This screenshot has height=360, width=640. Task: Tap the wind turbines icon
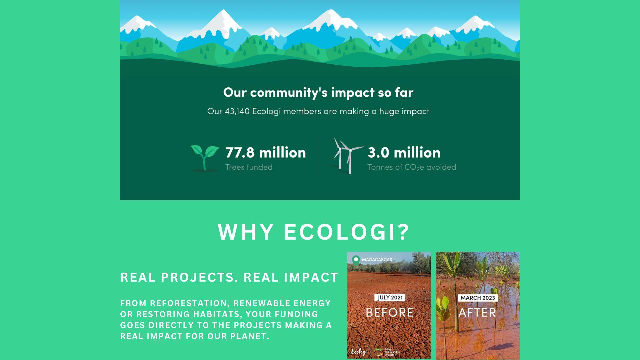(348, 156)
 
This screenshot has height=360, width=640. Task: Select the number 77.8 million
(266, 152)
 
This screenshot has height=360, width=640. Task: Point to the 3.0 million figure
(404, 152)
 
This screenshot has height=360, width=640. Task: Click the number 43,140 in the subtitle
(237, 111)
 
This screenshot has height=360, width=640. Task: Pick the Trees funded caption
(249, 167)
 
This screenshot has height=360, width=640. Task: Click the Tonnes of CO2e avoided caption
(412, 167)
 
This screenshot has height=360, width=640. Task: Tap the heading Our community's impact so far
(318, 92)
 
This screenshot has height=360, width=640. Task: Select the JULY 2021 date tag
(390, 298)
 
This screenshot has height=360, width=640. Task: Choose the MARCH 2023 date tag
(478, 298)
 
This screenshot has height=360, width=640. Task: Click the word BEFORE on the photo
(390, 312)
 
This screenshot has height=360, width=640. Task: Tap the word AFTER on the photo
(477, 312)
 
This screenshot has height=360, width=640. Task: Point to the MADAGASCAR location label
(377, 260)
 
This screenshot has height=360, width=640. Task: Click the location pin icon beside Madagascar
(356, 260)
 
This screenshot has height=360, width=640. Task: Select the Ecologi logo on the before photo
(359, 352)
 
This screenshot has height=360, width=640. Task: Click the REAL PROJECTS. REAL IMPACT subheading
(229, 277)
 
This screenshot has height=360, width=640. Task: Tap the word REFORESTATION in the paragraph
(189, 303)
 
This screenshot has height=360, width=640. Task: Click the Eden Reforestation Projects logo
(387, 352)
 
